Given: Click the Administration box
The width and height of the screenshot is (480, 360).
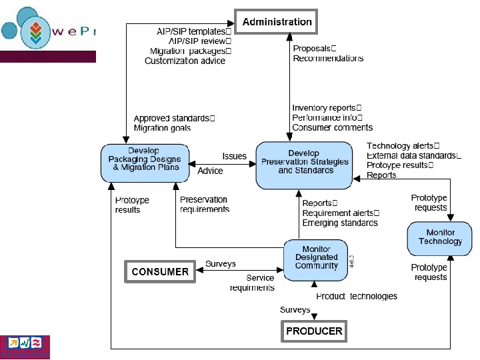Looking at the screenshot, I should [277, 22].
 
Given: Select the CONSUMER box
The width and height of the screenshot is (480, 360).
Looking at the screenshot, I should [159, 271].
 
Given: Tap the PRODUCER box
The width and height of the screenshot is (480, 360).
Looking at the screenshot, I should [314, 331].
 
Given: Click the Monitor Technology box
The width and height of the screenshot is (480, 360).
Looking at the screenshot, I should [440, 237].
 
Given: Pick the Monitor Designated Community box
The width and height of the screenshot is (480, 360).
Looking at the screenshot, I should [316, 257].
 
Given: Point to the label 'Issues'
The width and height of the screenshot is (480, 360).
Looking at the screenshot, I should [234, 157].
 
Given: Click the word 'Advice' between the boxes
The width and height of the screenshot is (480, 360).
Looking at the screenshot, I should [211, 171].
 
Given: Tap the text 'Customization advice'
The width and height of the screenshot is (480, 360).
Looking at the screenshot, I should [185, 61].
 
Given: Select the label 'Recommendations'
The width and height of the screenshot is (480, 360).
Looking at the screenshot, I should [328, 59].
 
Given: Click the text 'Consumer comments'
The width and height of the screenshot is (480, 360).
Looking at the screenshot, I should [332, 127].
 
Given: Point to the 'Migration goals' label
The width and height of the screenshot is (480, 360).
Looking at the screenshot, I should [162, 127].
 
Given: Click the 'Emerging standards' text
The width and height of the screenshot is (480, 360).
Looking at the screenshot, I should [340, 223].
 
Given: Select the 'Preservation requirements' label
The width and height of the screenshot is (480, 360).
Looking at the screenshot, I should [205, 205].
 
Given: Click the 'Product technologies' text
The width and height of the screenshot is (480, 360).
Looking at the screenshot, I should [357, 296].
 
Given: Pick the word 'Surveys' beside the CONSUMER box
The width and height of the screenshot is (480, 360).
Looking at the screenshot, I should [220, 264].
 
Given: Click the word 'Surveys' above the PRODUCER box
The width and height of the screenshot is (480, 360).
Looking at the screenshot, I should [295, 310].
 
